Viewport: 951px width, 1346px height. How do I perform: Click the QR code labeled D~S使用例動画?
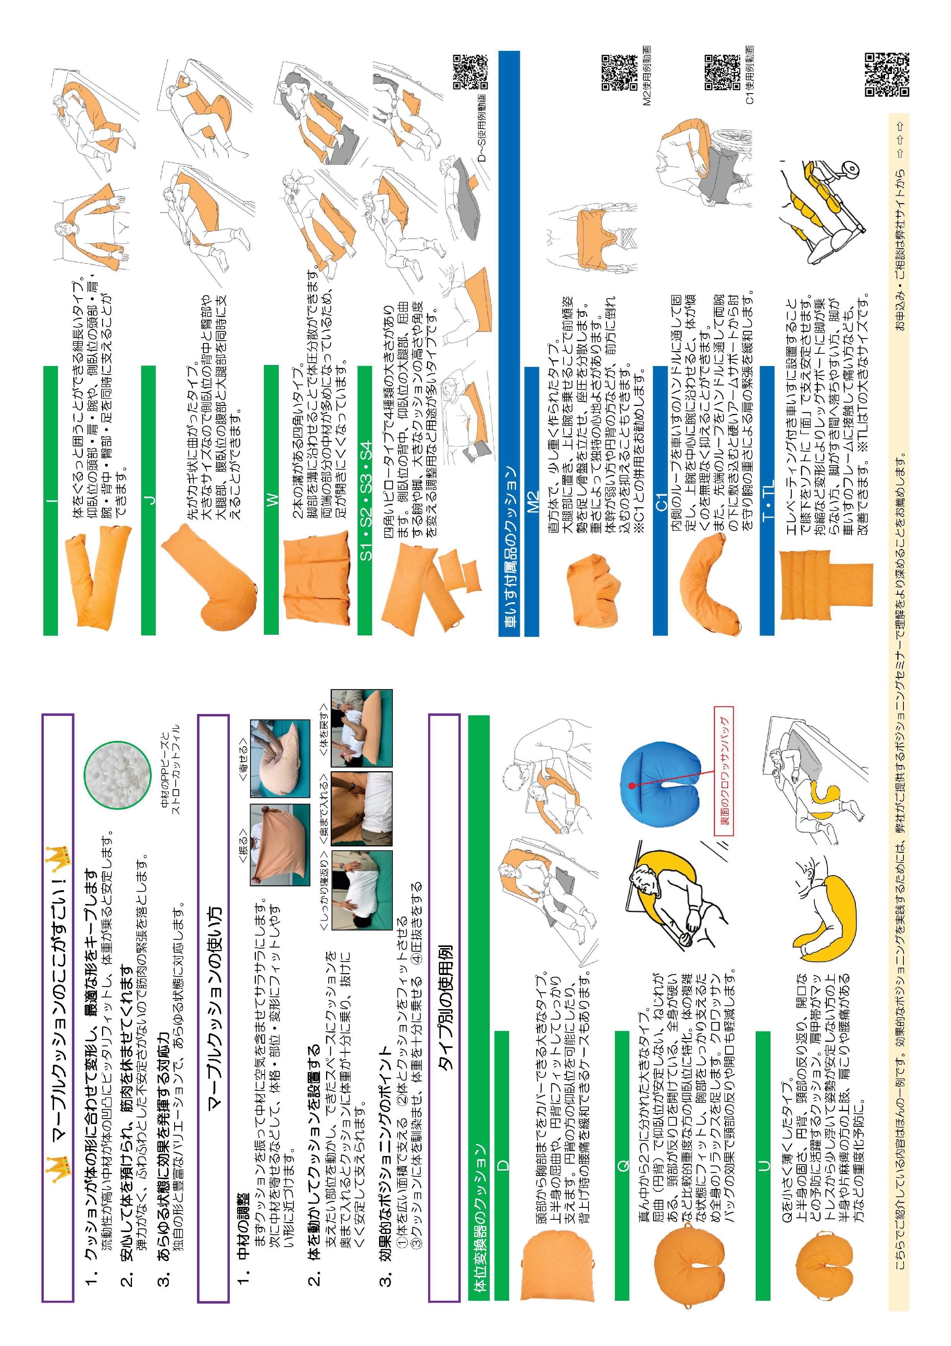(470, 72)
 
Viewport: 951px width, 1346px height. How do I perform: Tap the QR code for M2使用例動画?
(619, 72)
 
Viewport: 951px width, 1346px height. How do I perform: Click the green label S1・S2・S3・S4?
(365, 500)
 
